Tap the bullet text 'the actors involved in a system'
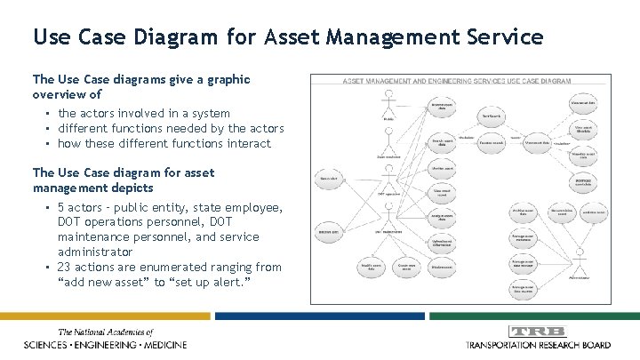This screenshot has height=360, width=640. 143,114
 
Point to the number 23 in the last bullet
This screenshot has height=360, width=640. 65,267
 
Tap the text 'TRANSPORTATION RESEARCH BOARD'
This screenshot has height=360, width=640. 540,344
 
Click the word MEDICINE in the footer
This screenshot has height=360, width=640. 161,344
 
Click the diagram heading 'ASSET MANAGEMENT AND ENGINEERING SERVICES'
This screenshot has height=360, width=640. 418,81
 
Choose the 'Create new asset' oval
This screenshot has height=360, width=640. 407,267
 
